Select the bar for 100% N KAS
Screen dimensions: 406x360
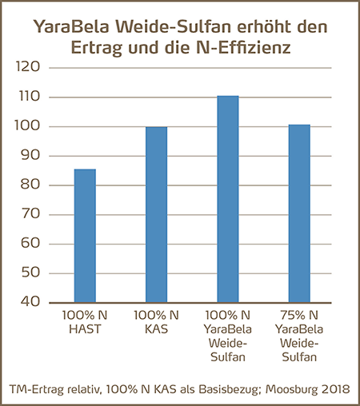point(156,214)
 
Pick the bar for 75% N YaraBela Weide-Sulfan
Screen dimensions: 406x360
point(298,213)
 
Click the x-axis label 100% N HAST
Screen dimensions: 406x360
point(85,322)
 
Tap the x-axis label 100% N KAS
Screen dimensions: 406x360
point(156,322)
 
